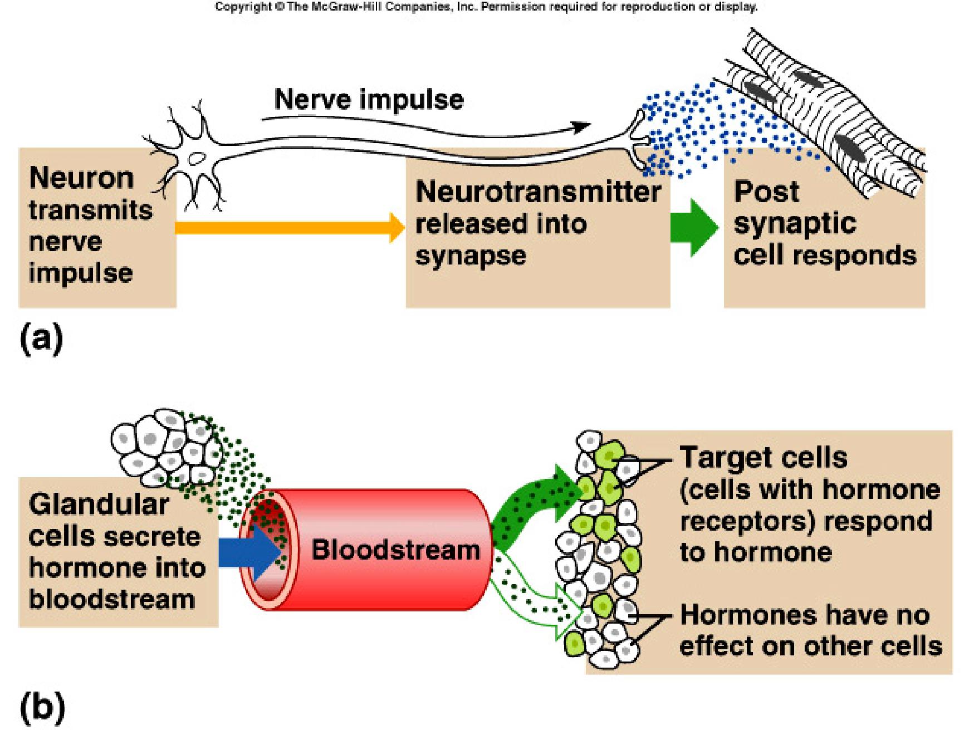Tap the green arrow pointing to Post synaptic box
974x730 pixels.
pos(693,227)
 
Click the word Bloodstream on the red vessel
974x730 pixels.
pos(395,550)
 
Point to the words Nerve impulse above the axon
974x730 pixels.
pos(369,100)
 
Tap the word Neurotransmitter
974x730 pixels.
pos(537,193)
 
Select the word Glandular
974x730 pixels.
pos(98,505)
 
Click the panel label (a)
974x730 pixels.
pos(41,339)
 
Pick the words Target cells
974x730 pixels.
pos(763,458)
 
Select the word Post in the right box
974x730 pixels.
pos(766,192)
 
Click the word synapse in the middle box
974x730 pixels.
pos(471,256)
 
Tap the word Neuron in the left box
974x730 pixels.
pos(81,178)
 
